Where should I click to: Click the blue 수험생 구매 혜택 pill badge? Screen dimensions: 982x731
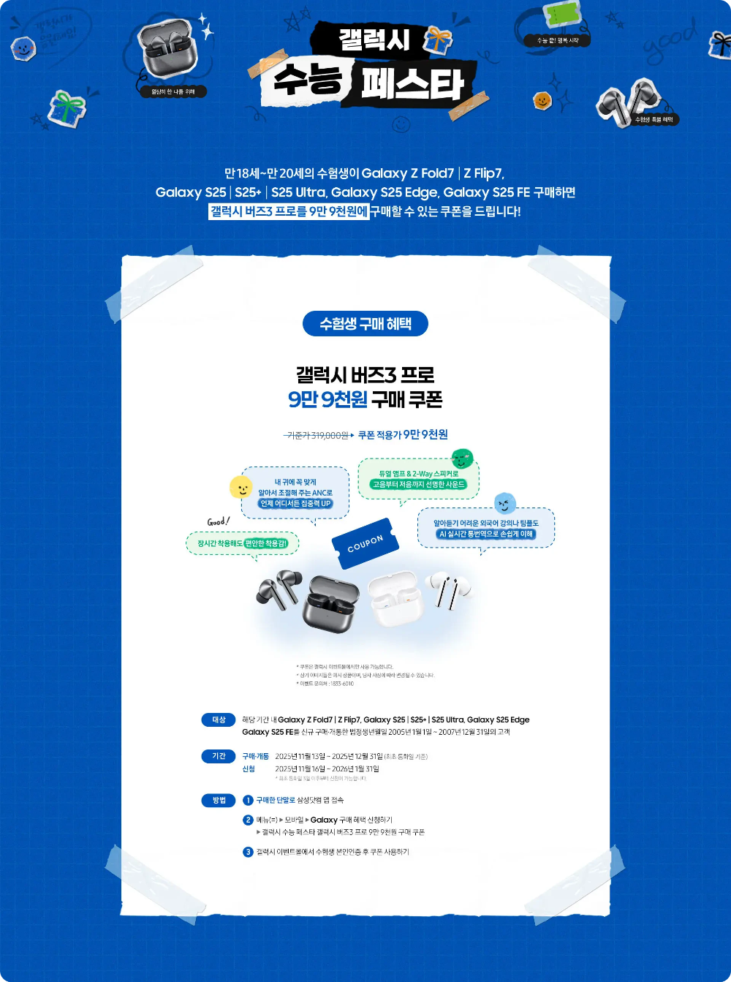tap(365, 323)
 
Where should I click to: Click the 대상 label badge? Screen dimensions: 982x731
tap(219, 719)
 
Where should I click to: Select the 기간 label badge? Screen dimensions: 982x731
tap(219, 756)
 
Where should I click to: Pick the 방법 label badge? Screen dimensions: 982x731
tap(219, 800)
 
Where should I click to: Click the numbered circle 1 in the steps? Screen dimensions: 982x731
tap(248, 800)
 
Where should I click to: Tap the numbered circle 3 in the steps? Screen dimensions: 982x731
tap(248, 852)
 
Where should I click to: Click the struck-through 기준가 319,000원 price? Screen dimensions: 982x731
tap(317, 436)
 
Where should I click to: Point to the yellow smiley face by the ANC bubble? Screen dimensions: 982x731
tap(240, 487)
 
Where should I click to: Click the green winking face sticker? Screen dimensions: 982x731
tap(462, 459)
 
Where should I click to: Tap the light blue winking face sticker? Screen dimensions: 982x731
tap(504, 503)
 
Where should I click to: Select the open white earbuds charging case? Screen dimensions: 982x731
tap(395, 597)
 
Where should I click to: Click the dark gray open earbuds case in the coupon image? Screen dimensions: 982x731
tap(332, 603)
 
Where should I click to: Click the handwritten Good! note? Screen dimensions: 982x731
tap(218, 521)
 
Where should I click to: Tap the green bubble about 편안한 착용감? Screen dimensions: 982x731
tap(243, 543)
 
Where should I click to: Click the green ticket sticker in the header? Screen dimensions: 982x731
tap(562, 15)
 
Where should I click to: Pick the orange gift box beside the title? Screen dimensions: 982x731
tap(437, 39)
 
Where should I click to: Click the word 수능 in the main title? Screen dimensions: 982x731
tap(307, 80)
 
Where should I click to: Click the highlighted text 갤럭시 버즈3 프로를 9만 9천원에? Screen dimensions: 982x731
tap(288, 211)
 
